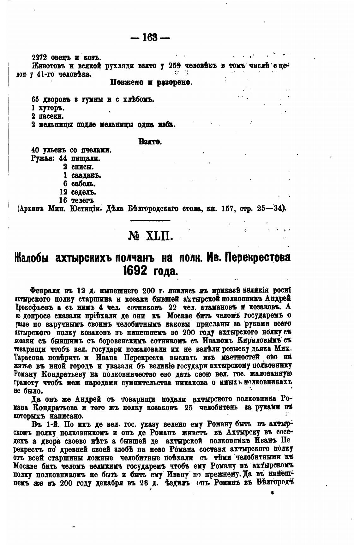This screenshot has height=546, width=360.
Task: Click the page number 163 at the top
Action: [150, 38]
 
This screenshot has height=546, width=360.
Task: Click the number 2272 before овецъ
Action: [39, 58]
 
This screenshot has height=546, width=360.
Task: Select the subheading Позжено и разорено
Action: [151, 83]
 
